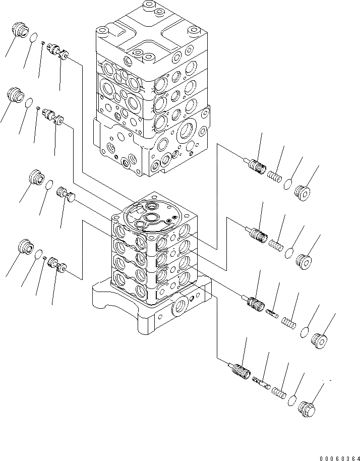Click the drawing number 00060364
[338, 457]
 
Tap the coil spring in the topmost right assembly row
[272, 176]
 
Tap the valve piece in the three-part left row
[66, 193]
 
